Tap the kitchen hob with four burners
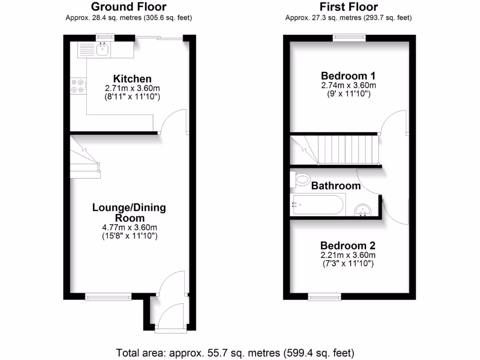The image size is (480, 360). click(x=78, y=87)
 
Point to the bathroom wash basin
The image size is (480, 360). click(x=362, y=210)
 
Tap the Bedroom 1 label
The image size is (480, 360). click(x=348, y=76)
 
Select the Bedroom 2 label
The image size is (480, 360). click(x=348, y=246)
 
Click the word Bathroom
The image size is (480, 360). click(x=336, y=186)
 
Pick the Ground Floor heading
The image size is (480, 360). click(x=128, y=7)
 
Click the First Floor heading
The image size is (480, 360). click(x=348, y=7)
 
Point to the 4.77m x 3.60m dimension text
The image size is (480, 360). click(x=129, y=228)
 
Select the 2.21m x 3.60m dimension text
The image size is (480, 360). click(x=348, y=255)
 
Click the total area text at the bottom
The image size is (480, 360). click(x=235, y=352)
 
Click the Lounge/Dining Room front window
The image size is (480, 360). click(x=108, y=296)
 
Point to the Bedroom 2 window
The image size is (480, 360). click(x=324, y=296)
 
